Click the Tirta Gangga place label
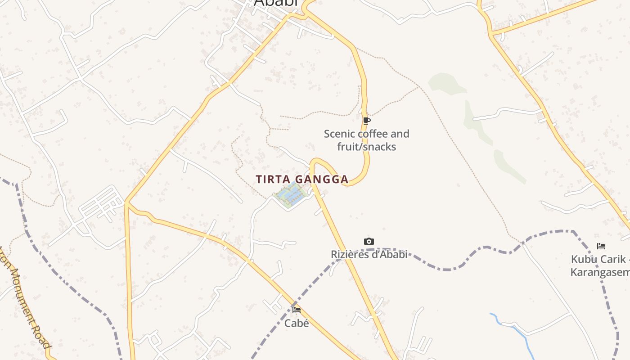pos(302,179)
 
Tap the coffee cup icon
pos(367,121)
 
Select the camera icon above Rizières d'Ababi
pos(369,242)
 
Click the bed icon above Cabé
pos(297,310)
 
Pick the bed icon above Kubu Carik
pos(601,246)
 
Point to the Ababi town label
pos(276,3)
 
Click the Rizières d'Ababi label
pos(369,254)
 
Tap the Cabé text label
pos(297,323)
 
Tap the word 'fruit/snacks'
pos(367,147)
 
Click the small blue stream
pos(513,331)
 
